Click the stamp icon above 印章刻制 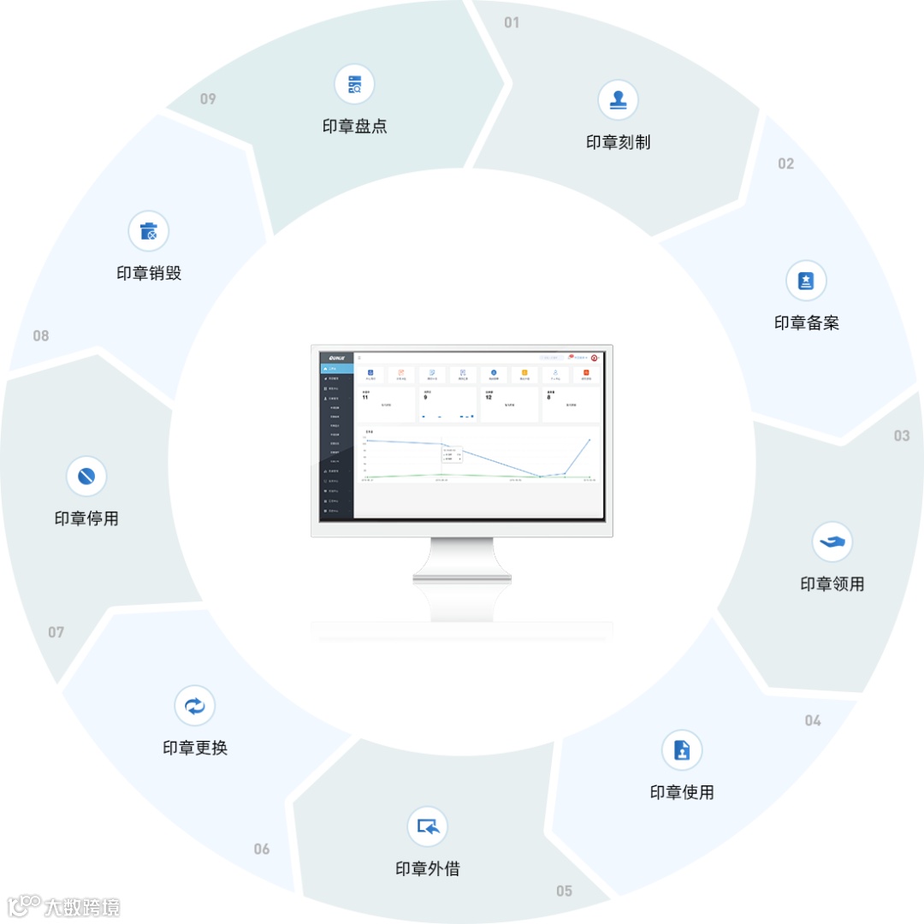point(618,100)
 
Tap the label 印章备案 point(806,323)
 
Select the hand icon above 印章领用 point(832,542)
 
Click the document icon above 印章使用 point(682,750)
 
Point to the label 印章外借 point(428,869)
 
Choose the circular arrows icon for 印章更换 point(195,706)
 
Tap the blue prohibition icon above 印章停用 point(86,477)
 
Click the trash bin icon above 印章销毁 point(149,231)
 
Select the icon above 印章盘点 point(354,85)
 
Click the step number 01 point(512,22)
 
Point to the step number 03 point(902,435)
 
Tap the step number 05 point(564,891)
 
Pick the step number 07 point(56,632)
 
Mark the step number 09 point(208,98)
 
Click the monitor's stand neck point(462,582)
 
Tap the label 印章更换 point(195,748)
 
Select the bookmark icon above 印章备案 point(806,281)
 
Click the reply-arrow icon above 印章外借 point(427,826)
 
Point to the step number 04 point(813,720)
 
